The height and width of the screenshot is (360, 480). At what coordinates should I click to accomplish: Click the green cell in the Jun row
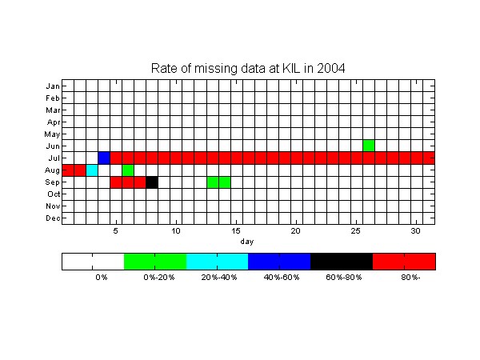369,146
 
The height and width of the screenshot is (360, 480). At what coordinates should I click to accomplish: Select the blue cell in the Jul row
104,158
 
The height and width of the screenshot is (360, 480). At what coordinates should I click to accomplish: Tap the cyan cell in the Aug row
92,170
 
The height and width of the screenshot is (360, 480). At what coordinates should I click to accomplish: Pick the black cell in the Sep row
152,182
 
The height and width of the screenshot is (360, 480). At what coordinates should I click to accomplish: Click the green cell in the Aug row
128,170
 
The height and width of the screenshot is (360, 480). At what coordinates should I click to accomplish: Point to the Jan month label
53,86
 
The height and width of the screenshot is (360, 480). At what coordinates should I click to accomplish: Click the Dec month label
53,218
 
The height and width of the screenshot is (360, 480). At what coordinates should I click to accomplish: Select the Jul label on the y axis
54,158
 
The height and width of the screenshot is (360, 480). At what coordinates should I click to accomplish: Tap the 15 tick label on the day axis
236,231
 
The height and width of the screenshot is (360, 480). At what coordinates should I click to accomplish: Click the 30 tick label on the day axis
416,231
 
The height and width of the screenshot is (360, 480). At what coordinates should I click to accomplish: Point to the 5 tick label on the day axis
115,231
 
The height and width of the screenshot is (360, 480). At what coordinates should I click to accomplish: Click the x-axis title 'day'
247,242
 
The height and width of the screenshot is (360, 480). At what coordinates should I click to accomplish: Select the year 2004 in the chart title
331,68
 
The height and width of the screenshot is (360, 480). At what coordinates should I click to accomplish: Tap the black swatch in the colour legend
342,262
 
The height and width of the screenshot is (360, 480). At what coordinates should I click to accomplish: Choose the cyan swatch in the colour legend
218,262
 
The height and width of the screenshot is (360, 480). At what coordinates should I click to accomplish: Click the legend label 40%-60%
282,278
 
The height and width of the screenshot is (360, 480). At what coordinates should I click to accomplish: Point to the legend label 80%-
410,278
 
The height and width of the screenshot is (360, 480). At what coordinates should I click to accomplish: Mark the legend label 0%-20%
159,278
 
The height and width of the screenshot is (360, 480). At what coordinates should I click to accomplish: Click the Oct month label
54,194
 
